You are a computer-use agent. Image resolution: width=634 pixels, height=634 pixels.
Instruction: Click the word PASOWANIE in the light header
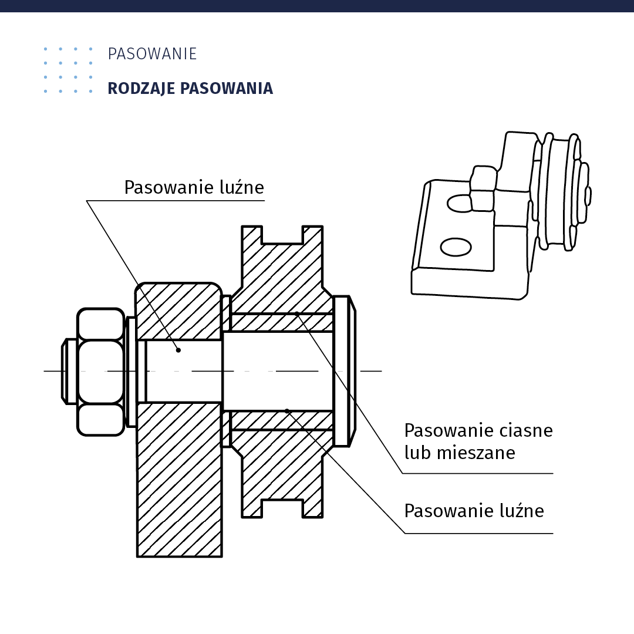(152, 54)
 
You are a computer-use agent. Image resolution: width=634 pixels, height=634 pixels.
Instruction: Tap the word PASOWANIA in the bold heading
(226, 89)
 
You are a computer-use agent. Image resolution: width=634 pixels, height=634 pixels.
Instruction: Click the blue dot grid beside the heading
(68, 70)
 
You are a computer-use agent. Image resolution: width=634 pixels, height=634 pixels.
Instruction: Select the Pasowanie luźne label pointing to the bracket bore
(194, 188)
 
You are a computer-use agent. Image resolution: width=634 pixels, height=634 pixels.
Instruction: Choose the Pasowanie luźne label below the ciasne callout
(474, 511)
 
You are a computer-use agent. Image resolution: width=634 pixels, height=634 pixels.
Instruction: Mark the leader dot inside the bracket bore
(178, 350)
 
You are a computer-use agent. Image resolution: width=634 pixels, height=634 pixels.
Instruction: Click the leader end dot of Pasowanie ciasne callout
(296, 313)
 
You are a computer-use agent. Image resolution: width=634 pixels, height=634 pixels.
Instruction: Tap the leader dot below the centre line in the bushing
(287, 411)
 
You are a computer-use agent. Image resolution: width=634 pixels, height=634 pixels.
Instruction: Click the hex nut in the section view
(101, 372)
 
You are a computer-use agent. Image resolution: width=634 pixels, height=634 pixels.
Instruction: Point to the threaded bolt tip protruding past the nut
(69, 372)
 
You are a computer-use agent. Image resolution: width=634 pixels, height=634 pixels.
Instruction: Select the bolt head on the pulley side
(345, 371)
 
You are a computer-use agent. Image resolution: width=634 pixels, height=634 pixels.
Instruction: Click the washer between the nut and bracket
(131, 372)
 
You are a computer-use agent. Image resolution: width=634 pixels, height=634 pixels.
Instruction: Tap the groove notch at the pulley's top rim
(282, 234)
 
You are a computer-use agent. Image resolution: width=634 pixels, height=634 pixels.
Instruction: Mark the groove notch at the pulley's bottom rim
(282, 508)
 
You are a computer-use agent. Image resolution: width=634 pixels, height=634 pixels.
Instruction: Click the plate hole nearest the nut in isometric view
(460, 203)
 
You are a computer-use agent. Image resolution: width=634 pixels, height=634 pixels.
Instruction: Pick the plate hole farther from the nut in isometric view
(456, 247)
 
